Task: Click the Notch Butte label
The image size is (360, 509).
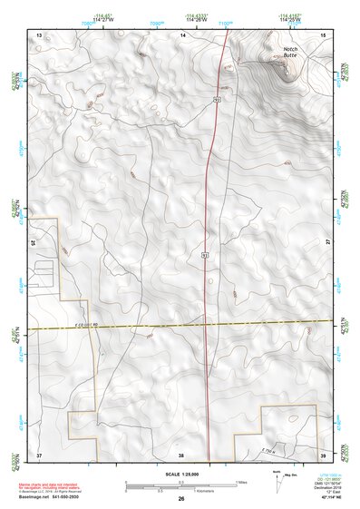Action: (289, 53)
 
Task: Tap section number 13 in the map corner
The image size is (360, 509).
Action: (39, 34)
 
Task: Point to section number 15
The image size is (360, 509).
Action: (324, 34)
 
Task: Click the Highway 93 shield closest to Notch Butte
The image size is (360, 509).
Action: (219, 97)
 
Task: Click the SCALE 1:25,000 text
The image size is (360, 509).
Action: (180, 475)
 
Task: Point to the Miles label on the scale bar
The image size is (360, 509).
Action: (241, 481)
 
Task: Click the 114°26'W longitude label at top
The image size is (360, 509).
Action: (193, 18)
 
